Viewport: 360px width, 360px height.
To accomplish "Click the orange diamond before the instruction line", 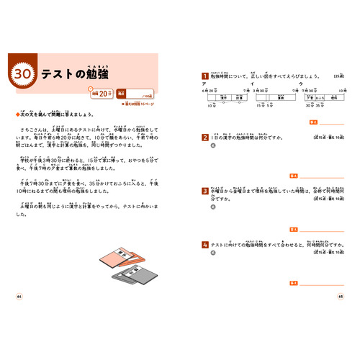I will [x=17, y=114].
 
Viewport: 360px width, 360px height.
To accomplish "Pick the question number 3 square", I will [x=204, y=192].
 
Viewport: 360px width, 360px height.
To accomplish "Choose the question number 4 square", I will [x=204, y=245].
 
